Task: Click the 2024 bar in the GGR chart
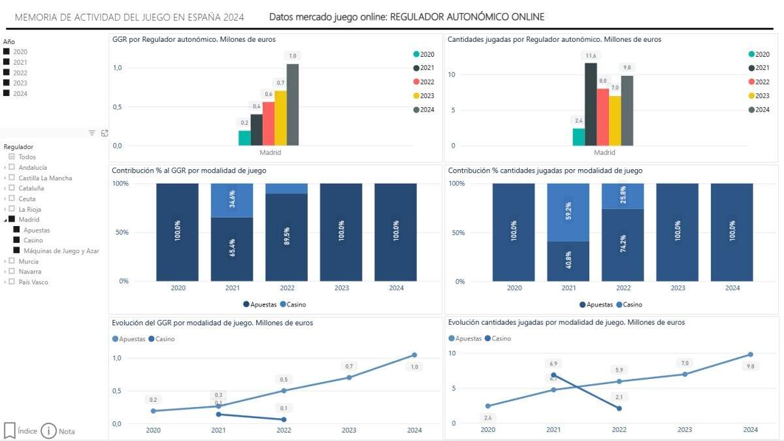(292, 105)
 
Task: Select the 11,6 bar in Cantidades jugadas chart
(591, 104)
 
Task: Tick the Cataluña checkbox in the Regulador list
(12, 188)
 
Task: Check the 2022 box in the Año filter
(7, 73)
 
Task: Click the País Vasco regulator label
(33, 282)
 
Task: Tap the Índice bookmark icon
(10, 431)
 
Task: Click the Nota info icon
(48, 431)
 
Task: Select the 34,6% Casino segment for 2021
(231, 200)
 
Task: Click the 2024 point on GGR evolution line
(414, 355)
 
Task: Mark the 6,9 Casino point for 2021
(554, 375)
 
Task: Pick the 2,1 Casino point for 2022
(619, 408)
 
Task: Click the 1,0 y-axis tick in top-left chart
(118, 67)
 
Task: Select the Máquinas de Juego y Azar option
(61, 251)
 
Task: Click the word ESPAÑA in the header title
(203, 17)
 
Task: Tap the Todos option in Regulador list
(27, 157)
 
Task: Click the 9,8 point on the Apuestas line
(751, 354)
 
